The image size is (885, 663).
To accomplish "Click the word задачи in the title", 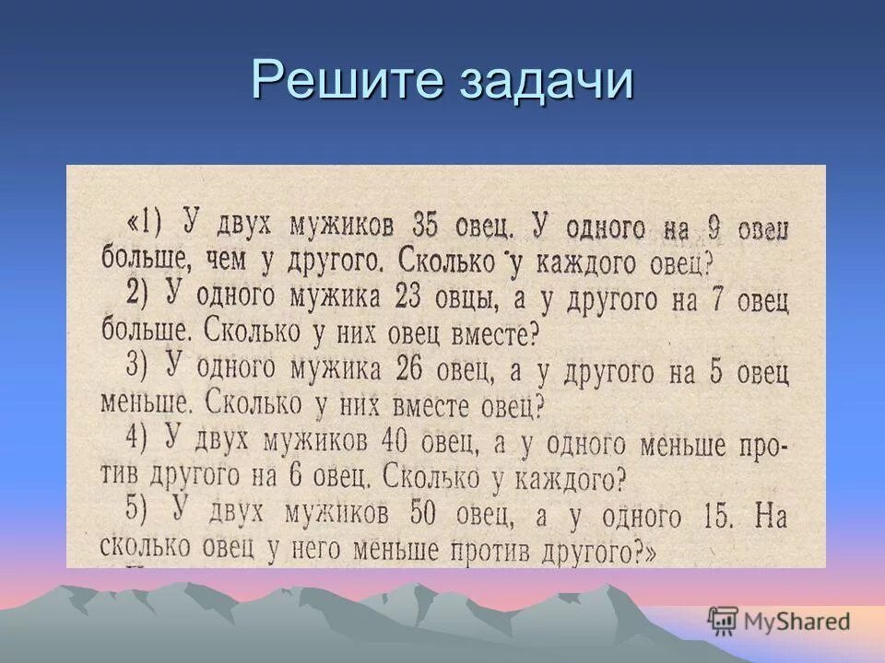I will (x=544, y=81).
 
